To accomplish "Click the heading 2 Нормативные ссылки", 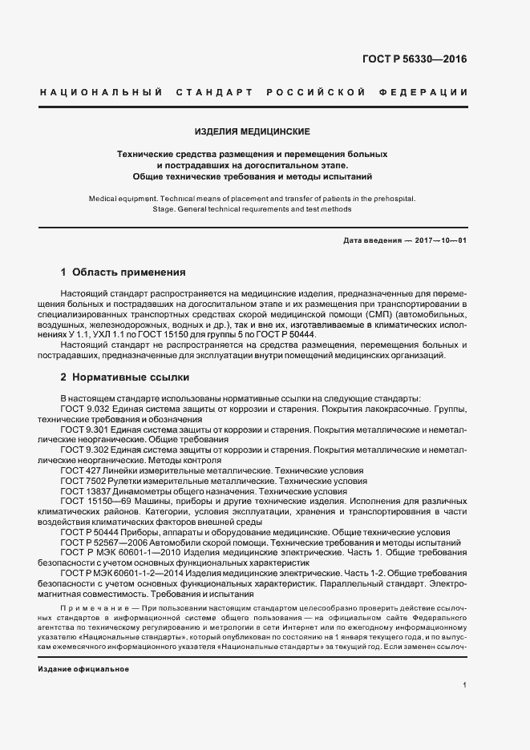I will pyautogui.click(x=125, y=377).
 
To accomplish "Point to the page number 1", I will pyautogui.click(x=465, y=685).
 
